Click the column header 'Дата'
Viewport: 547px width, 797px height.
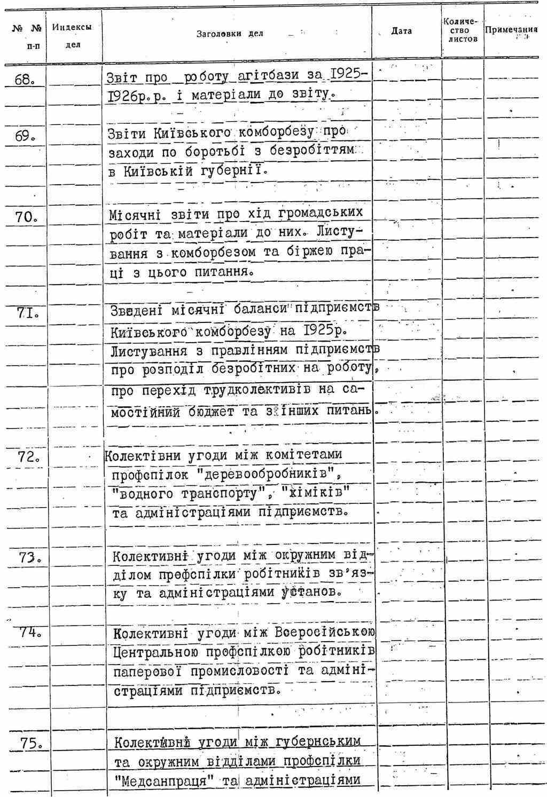pos(401,31)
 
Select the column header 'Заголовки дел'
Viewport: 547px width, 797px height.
pos(230,34)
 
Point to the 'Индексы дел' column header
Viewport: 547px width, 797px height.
pos(72,35)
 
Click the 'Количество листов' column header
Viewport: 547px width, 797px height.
pos(463,31)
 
